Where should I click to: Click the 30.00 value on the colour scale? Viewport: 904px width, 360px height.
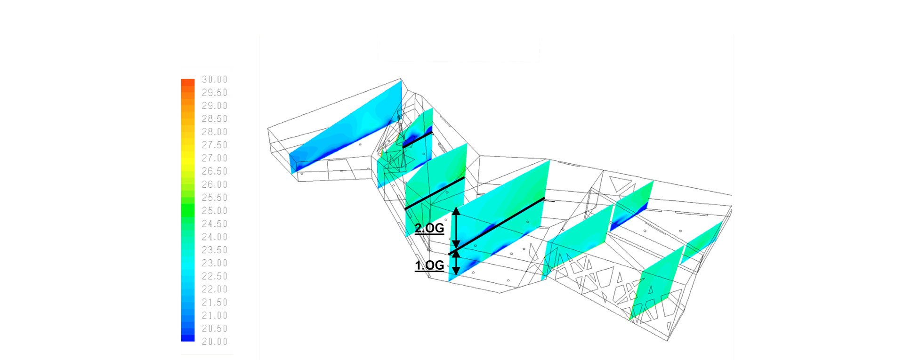[215, 80]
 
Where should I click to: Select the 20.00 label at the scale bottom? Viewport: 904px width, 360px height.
[215, 342]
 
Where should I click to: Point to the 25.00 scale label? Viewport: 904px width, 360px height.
[215, 211]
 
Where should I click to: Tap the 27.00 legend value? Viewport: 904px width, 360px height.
[215, 158]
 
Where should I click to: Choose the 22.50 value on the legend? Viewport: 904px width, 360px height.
[215, 276]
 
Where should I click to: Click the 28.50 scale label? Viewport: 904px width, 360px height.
[215, 119]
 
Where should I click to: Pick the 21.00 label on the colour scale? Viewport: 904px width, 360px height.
[215, 316]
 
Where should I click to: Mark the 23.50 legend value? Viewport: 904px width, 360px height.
[215, 250]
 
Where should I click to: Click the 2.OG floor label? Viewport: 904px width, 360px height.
[429, 228]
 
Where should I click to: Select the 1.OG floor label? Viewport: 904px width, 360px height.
[429, 265]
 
